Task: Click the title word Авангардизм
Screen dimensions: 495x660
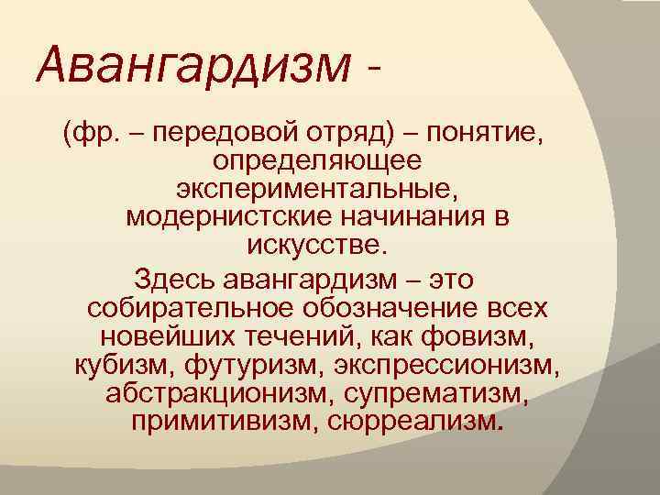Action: tap(192, 65)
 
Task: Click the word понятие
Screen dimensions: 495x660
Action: tap(487, 135)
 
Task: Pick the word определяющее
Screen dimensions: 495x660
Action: tap(317, 162)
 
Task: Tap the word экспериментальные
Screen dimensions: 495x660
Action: tap(316, 191)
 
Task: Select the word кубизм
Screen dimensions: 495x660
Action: tap(125, 366)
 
